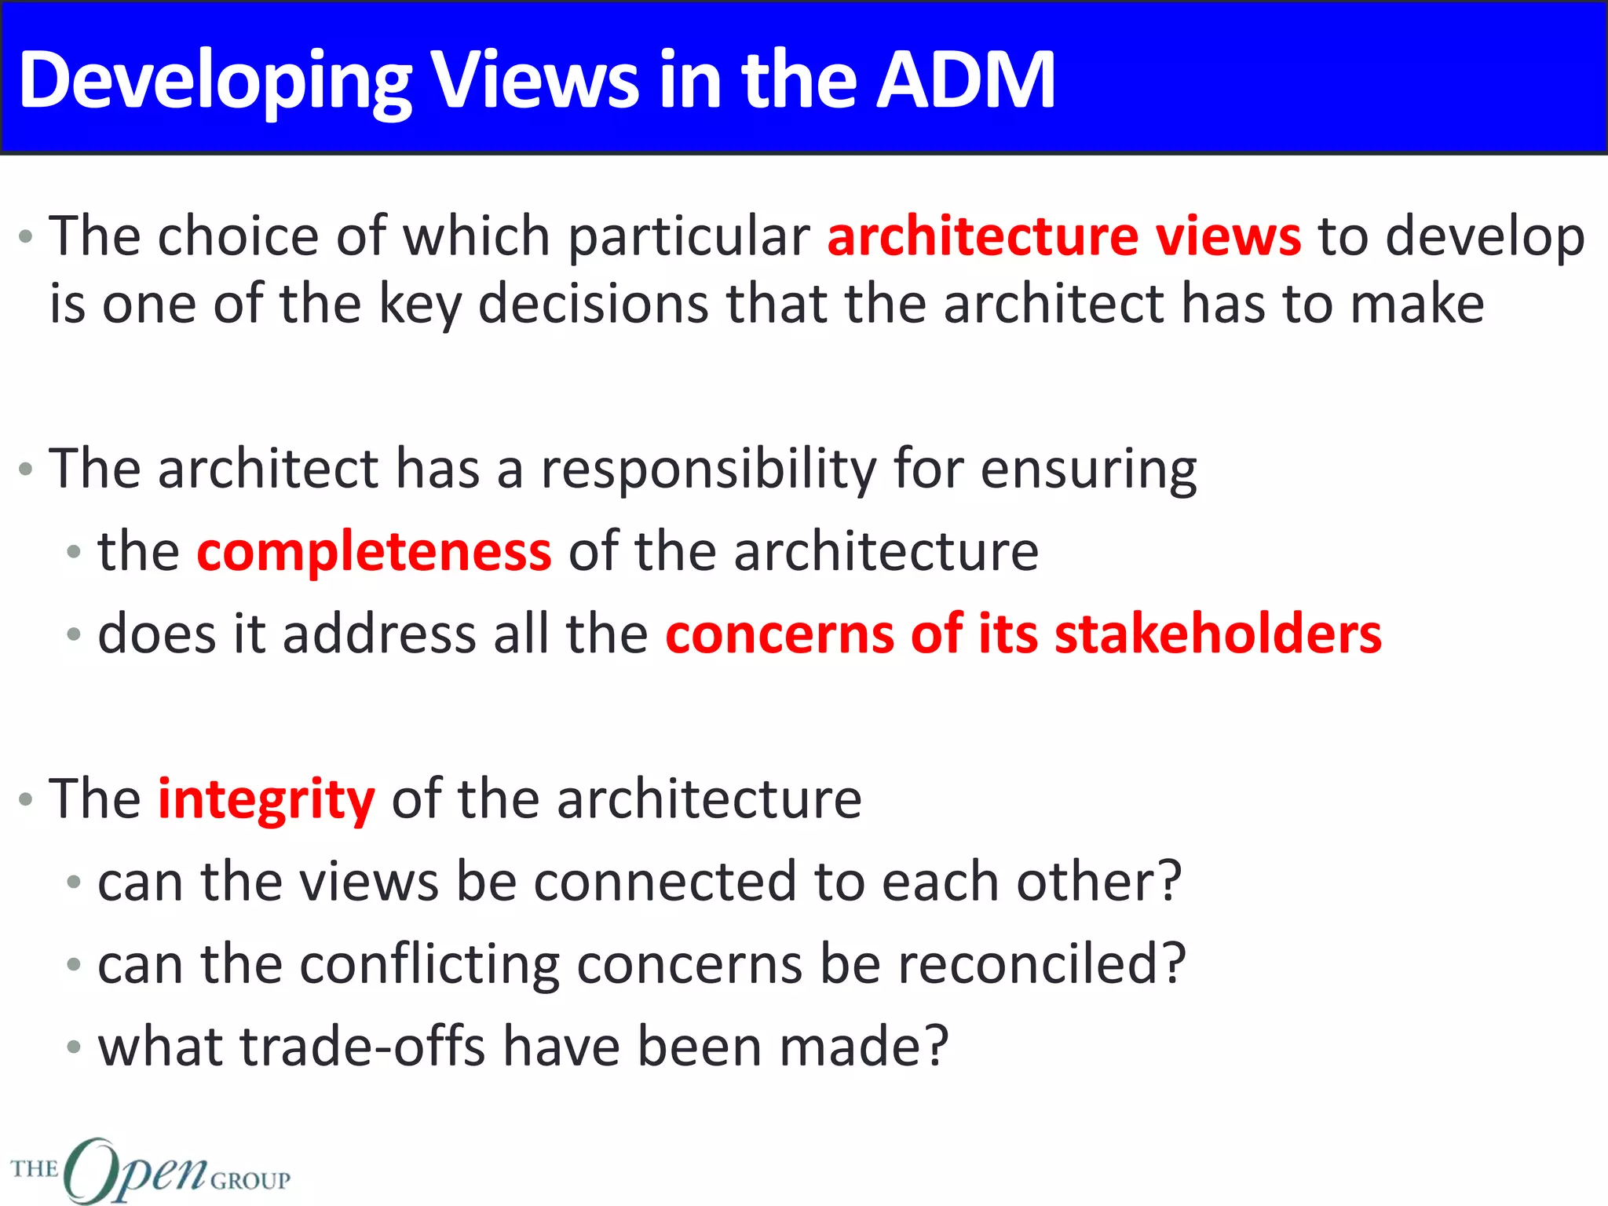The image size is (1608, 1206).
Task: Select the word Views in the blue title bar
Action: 536,79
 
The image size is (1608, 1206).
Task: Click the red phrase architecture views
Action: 1064,236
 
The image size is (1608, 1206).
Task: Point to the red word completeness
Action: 374,552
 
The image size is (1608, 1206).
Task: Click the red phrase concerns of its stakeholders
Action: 1023,634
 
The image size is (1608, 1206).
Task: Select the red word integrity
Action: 266,800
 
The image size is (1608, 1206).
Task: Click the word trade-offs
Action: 362,1047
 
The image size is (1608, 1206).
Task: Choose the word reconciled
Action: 1029,963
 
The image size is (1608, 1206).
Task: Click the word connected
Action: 664,881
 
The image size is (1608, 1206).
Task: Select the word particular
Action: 689,236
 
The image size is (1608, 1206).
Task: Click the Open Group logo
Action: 149,1170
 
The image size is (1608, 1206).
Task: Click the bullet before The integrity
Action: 26,799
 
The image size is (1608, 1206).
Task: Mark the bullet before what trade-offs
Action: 74,1047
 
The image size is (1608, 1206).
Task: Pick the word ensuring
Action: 1088,469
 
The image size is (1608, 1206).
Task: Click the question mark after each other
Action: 1171,881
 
